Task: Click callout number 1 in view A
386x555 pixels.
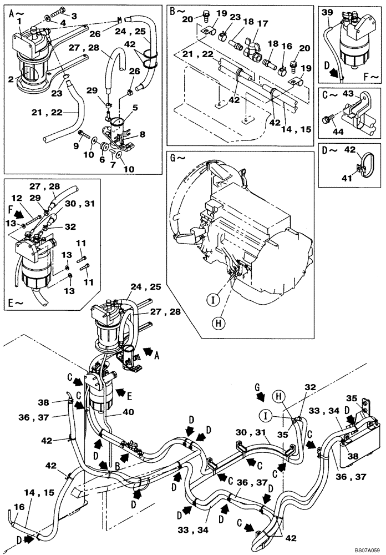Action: pos(19,21)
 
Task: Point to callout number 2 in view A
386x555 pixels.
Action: pos(11,80)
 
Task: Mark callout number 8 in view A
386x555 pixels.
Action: pos(142,134)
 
